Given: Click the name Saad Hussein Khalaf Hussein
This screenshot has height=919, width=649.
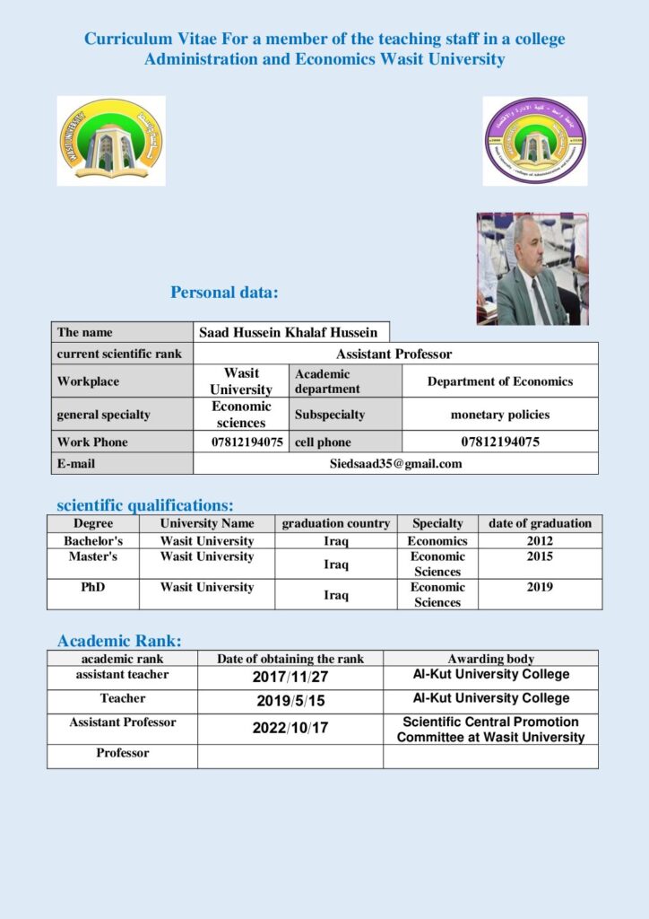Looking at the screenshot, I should pyautogui.click(x=288, y=332).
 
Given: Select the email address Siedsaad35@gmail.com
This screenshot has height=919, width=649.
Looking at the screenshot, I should pyautogui.click(x=395, y=463).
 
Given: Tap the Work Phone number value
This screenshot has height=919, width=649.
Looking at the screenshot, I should pyautogui.click(x=247, y=442).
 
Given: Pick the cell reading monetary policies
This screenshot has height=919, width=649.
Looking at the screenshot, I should pyautogui.click(x=499, y=415).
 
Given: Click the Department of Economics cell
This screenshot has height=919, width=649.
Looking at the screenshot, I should pyautogui.click(x=499, y=381).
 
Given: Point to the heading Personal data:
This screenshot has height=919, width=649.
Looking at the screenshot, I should pyautogui.click(x=224, y=293).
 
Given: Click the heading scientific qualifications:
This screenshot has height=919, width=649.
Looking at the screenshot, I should pyautogui.click(x=144, y=505).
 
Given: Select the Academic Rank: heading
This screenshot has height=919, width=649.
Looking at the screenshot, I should pyautogui.click(x=119, y=641).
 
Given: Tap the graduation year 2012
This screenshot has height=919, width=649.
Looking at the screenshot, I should pyautogui.click(x=540, y=541).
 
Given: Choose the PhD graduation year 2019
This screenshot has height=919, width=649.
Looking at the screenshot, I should pyautogui.click(x=540, y=588).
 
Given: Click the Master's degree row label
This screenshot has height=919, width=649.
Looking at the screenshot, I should pyautogui.click(x=93, y=557).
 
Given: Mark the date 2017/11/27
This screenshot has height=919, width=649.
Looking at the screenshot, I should pyautogui.click(x=290, y=678).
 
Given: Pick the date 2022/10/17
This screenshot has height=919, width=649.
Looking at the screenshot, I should pyautogui.click(x=290, y=729).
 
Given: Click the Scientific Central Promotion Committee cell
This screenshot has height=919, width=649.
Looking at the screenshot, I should pyautogui.click(x=490, y=730).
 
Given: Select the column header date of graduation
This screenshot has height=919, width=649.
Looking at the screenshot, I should pyautogui.click(x=540, y=523).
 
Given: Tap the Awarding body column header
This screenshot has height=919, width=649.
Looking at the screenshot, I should pyautogui.click(x=490, y=659).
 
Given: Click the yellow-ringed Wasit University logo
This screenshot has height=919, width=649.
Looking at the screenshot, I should pyautogui.click(x=111, y=141).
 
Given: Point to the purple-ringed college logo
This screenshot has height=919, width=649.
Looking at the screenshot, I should pyautogui.click(x=534, y=141).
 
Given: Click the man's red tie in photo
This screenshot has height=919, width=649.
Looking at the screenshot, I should pyautogui.click(x=537, y=299).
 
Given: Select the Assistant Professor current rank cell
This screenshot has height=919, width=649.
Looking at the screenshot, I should pyautogui.click(x=394, y=354).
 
